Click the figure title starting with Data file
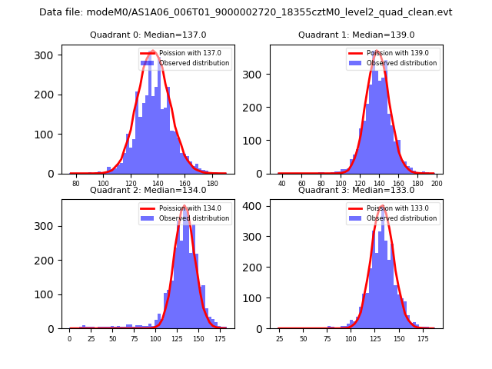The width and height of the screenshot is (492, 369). coord(245,12)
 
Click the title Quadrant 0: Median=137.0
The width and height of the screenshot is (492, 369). coord(148,35)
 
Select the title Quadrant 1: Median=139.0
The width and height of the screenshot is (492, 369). coord(356,35)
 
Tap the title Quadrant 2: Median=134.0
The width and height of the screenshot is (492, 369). coord(148,190)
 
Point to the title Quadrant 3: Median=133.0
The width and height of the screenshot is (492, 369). coord(356,190)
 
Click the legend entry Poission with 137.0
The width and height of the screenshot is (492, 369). coord(184,53)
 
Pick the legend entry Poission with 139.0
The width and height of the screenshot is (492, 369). coord(393,53)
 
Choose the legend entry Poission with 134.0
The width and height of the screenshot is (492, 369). coord(184,208)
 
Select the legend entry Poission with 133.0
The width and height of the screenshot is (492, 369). coord(393,208)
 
